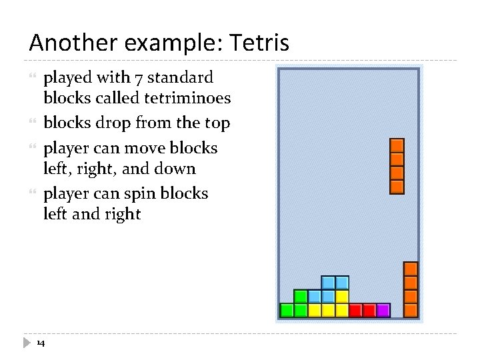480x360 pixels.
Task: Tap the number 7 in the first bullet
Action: pos(139,77)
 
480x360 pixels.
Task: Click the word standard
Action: pos(180,77)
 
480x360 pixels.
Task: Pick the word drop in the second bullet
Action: pos(115,123)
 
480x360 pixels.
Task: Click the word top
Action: pos(217,123)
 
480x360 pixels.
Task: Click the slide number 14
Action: pos(41,343)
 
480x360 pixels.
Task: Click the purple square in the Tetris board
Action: pos(383,310)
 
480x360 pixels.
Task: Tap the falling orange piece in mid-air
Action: pos(397,166)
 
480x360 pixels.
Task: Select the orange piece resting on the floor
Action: pos(411,289)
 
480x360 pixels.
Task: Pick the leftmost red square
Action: pos(355,310)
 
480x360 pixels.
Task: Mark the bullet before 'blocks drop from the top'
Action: pos(34,123)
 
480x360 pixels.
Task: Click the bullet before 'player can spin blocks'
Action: pos(34,194)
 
